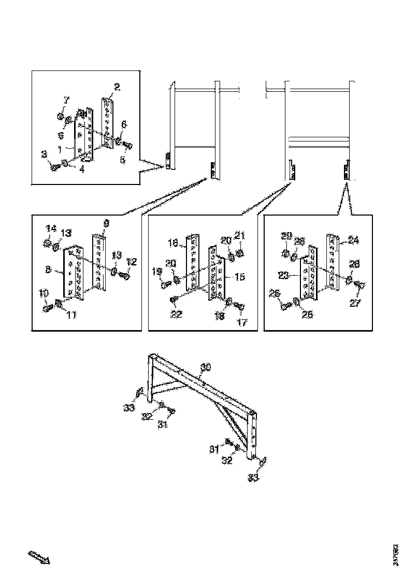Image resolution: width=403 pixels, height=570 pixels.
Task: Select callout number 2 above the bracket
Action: [117, 88]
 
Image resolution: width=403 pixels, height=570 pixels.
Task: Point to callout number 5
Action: [122, 160]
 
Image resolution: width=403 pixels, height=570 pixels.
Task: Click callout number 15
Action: [240, 277]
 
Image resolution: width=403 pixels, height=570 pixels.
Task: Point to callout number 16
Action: [173, 242]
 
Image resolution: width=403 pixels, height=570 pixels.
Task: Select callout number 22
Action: [177, 314]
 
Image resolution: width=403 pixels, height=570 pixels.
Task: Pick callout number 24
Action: [353, 240]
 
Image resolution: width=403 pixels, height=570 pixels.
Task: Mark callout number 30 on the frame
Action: [206, 367]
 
